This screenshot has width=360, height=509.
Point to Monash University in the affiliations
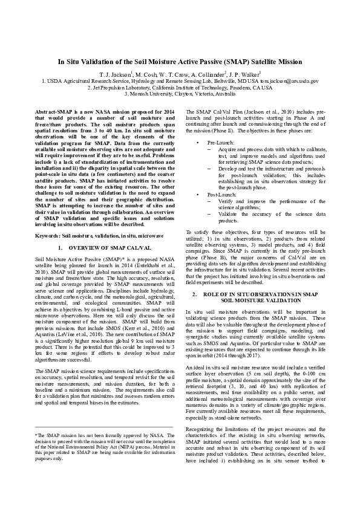(154, 94)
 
